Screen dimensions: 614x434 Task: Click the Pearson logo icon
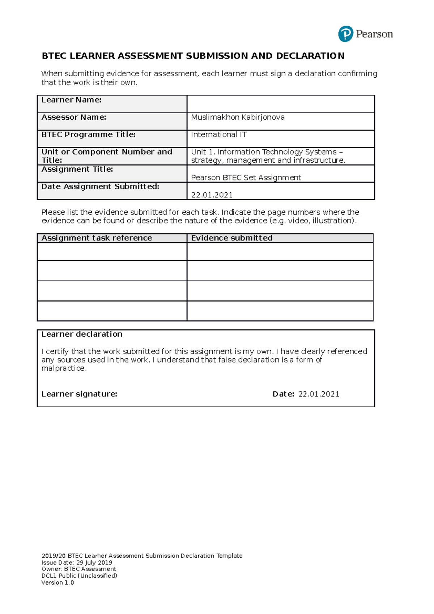point(345,34)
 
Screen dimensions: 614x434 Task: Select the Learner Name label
point(71,100)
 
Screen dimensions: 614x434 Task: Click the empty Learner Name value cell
point(280,104)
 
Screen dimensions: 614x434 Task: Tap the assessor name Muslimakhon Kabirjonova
point(238,118)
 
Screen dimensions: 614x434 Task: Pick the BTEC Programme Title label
point(88,135)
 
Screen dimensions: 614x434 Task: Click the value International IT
point(219,135)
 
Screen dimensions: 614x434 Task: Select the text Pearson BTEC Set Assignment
point(246,178)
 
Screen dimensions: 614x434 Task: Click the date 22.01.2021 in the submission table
point(212,195)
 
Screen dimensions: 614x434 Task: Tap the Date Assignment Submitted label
point(100,187)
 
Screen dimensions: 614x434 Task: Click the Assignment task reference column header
point(97,238)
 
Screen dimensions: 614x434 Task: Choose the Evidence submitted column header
point(231,238)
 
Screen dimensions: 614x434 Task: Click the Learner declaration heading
point(82,334)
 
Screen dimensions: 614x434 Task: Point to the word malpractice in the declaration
point(64,368)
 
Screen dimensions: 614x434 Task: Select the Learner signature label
point(79,394)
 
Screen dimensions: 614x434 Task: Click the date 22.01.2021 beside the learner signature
point(319,394)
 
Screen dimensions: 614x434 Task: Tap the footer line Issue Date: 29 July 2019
point(77,563)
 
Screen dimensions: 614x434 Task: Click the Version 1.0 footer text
point(58,583)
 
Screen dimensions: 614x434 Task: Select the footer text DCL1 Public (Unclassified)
point(79,576)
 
